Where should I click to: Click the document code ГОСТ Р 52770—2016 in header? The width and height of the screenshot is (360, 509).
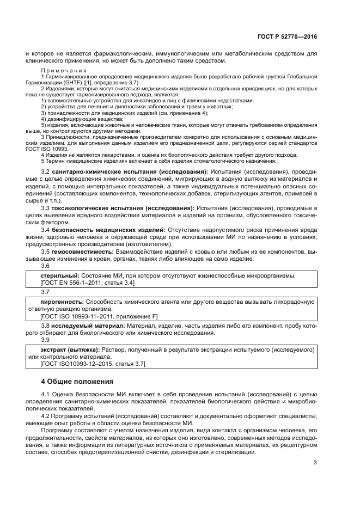tap(286, 36)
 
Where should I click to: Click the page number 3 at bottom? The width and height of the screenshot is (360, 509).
tap(315, 463)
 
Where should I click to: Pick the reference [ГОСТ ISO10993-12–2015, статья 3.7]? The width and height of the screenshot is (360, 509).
tap(93, 364)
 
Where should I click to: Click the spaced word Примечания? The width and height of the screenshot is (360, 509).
tap(63, 71)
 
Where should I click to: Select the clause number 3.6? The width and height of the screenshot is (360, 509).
tap(45, 266)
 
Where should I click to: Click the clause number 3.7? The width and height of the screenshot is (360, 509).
tap(45, 291)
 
